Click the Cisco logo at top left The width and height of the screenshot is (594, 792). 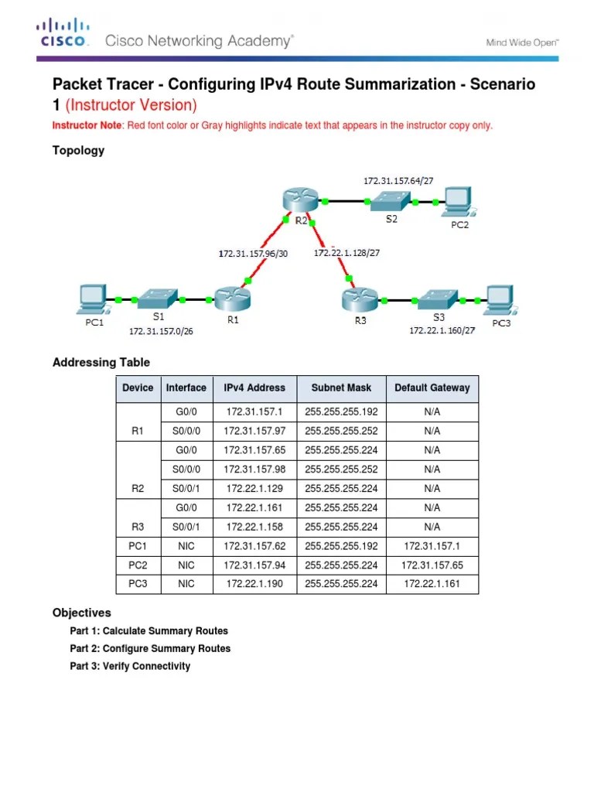click(63, 36)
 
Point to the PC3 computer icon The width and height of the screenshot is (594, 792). click(499, 299)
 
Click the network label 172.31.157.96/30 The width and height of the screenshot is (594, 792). click(253, 253)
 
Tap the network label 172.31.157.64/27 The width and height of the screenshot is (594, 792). click(398, 180)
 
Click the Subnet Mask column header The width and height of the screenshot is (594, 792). click(341, 388)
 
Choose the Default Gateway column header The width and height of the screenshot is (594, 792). click(432, 388)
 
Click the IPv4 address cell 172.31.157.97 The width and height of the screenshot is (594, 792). click(254, 430)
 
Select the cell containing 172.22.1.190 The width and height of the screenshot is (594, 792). click(254, 584)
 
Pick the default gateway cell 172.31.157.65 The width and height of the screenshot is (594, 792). click(432, 565)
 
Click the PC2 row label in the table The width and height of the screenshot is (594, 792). click(138, 565)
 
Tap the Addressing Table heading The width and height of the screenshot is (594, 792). click(101, 362)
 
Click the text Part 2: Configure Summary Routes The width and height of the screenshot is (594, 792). click(150, 648)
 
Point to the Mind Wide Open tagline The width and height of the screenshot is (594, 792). click(521, 43)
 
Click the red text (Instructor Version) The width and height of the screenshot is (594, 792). click(131, 104)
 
